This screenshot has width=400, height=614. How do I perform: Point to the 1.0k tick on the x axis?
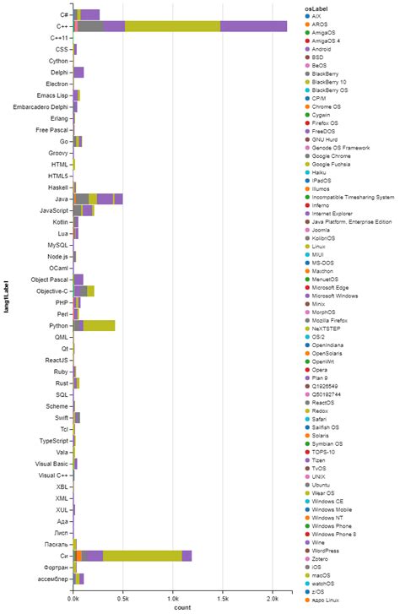tap(173, 598)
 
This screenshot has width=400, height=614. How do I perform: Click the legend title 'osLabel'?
tap(317, 8)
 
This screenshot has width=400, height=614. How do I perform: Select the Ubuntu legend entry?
tap(323, 484)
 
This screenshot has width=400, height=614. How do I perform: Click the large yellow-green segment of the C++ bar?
tap(172, 26)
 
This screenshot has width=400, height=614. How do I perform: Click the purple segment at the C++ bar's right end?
tap(253, 26)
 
